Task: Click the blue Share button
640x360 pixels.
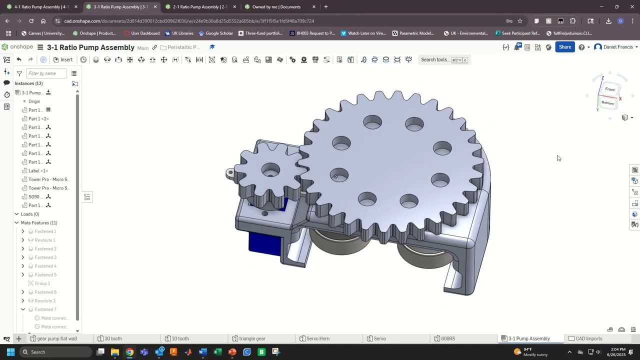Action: [x=565, y=47]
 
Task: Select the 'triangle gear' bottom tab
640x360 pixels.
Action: [x=251, y=338]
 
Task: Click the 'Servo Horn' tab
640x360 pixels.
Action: [x=317, y=338]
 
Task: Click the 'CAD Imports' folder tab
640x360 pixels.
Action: [x=588, y=338]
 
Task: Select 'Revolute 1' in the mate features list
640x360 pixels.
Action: [x=44, y=240]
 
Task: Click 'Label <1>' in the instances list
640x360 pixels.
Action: [x=38, y=170]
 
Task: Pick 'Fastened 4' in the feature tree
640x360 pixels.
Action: [x=45, y=266]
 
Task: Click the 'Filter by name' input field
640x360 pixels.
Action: [x=46, y=73]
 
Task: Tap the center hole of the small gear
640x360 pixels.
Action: [x=270, y=170]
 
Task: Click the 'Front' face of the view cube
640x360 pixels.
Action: [x=610, y=89]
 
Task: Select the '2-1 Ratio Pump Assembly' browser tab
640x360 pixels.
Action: [x=199, y=7]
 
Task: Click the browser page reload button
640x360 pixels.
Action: [x=31, y=21]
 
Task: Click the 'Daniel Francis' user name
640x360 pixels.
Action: [x=618, y=47]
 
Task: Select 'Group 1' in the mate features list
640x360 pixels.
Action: [x=42, y=283]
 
